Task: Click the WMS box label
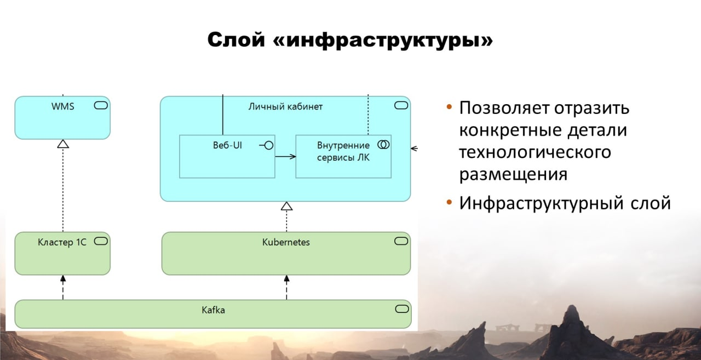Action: pos(63,106)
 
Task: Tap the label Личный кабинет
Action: pos(285,106)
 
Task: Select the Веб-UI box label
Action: pos(227,145)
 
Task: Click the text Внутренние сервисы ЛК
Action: pos(343,152)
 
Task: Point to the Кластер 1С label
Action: pos(62,242)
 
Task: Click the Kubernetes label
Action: pos(286,242)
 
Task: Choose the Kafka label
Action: pos(213,310)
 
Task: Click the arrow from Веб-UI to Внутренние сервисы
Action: pos(285,157)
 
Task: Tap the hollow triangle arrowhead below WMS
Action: pos(63,144)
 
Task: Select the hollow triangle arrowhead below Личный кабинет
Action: pos(286,206)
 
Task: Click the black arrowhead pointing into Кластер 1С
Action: pos(63,279)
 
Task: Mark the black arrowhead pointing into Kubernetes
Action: pos(286,279)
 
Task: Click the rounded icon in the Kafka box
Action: pos(402,309)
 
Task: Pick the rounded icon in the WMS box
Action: pos(101,105)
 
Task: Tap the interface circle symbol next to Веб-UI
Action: pos(268,145)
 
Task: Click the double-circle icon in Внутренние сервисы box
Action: pos(383,145)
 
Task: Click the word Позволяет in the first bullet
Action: pos(504,108)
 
